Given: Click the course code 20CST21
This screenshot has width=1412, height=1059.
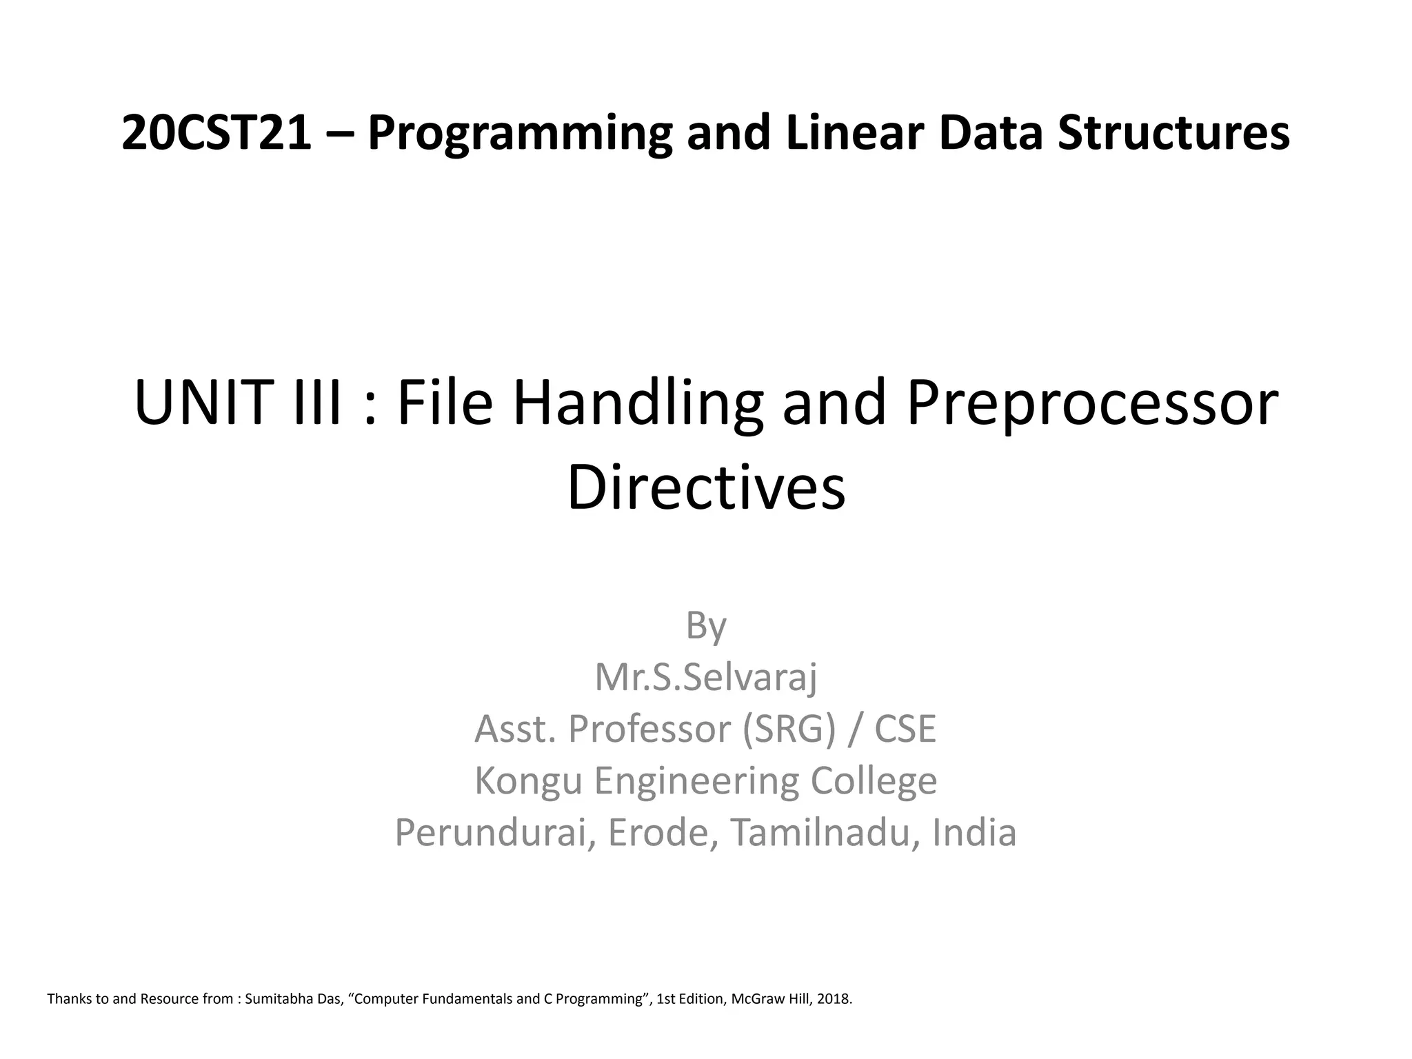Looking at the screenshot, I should [216, 133].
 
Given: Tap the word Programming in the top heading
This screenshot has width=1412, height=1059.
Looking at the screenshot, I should [520, 133].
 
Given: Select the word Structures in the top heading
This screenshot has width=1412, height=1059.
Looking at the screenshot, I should [1173, 133].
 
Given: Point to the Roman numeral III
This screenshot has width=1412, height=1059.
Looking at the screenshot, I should [318, 404].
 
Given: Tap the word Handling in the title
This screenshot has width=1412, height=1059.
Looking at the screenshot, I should [638, 404].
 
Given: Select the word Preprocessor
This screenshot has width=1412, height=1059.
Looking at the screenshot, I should [1092, 404].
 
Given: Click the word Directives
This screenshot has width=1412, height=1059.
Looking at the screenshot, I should [706, 487].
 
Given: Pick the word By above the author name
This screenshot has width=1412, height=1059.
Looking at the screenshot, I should [706, 626].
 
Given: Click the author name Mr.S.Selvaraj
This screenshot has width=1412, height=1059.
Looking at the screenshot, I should [706, 678].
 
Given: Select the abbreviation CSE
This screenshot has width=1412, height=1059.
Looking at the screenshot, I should [905, 729].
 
